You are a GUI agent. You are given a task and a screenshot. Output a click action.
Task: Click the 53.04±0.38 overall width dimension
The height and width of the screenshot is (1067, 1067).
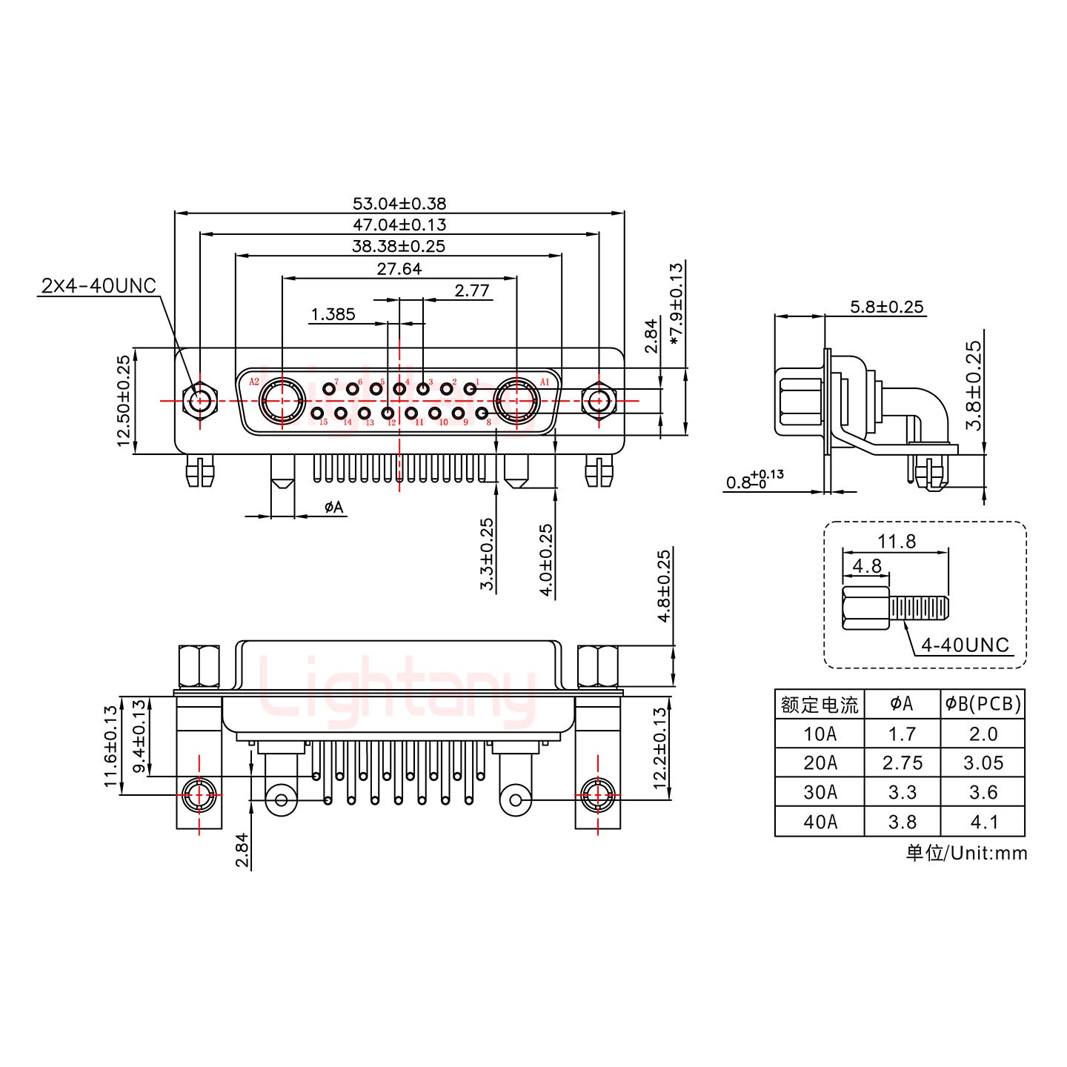point(399,203)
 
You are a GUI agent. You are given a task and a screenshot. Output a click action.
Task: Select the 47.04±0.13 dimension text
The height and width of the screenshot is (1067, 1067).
point(399,225)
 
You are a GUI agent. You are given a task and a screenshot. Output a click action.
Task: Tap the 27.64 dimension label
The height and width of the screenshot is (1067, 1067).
point(399,269)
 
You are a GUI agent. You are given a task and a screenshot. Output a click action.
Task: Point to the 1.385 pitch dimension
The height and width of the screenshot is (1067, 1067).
point(333,314)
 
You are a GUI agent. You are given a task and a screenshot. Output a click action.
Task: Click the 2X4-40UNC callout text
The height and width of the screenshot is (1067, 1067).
point(99,285)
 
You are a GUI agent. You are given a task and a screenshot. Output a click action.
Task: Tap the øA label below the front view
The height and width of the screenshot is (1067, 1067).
point(334,507)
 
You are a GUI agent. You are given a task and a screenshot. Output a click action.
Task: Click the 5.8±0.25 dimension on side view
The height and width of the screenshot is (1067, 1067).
point(886,307)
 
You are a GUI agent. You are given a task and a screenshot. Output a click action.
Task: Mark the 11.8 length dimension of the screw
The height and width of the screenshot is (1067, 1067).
point(897,542)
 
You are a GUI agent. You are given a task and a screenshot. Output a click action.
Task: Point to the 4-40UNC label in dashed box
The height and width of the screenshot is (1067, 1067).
point(965,645)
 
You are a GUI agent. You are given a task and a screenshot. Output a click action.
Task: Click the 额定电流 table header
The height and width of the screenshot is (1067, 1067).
point(820,705)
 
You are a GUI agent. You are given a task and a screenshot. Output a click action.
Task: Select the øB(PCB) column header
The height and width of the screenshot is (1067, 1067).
point(983,705)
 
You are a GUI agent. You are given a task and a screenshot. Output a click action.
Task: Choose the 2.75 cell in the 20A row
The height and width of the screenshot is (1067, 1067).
point(902,763)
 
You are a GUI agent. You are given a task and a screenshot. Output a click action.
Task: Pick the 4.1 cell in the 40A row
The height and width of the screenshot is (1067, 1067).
point(983,822)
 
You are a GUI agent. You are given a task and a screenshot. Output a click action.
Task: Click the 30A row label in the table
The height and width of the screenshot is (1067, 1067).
point(820,793)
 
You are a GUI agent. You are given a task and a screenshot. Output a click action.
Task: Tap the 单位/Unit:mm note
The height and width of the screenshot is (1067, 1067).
point(966,853)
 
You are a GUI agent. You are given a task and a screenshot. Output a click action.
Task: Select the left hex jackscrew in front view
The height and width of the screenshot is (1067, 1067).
point(199,401)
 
